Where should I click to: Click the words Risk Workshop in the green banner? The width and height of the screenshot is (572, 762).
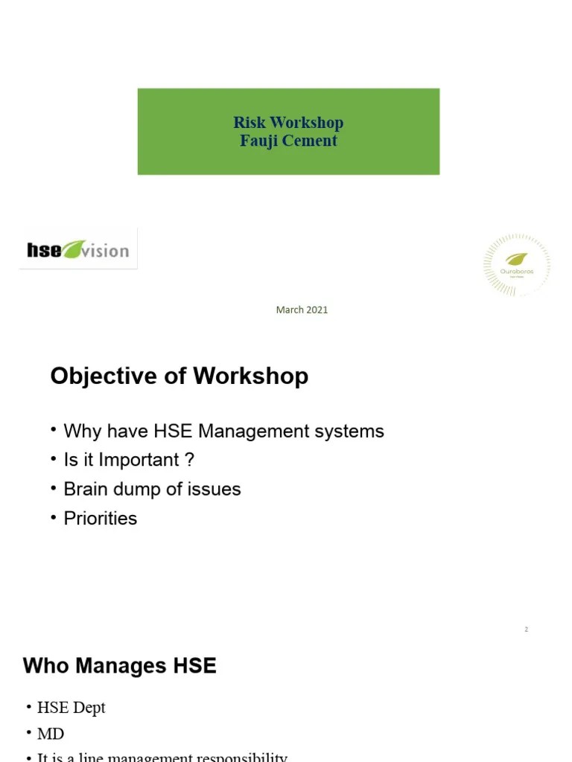pos(288,123)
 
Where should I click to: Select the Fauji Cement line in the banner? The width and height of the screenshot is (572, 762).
pos(288,141)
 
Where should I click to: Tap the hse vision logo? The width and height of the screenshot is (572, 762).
pos(78,249)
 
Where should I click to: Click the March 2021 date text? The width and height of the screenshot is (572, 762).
pos(302,310)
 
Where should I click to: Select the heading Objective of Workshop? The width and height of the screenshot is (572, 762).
pos(179,376)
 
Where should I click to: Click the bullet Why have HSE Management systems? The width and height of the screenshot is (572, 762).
pos(223,431)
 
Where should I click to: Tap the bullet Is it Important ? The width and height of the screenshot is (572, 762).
pos(129,460)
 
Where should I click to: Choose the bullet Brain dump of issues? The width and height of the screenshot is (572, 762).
pos(152,489)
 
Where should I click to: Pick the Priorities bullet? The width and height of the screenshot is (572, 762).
pos(101,518)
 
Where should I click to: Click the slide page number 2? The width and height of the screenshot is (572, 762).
pos(526,630)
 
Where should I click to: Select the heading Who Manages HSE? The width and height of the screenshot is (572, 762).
pos(120,665)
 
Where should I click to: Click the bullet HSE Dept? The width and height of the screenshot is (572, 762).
pos(71,708)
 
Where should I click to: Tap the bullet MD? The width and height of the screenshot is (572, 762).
pos(51,734)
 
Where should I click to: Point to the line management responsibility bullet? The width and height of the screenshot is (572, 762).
pos(162,757)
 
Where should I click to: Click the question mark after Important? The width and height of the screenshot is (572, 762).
pos(190,460)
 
